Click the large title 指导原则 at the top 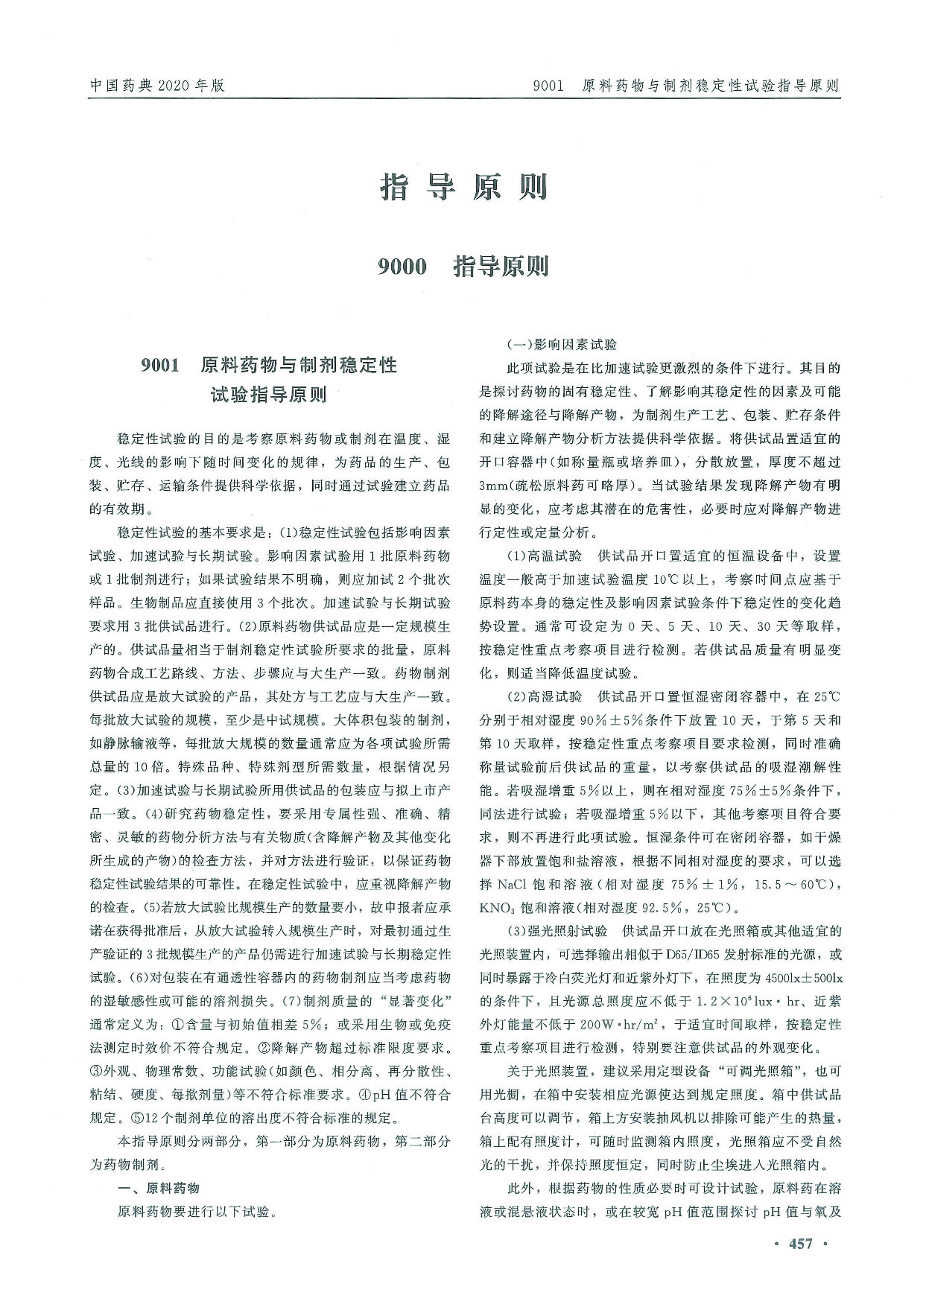464,187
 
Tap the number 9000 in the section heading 402,266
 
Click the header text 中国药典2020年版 156,86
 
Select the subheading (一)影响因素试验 562,345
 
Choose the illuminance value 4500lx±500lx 797,977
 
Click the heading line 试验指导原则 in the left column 269,395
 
